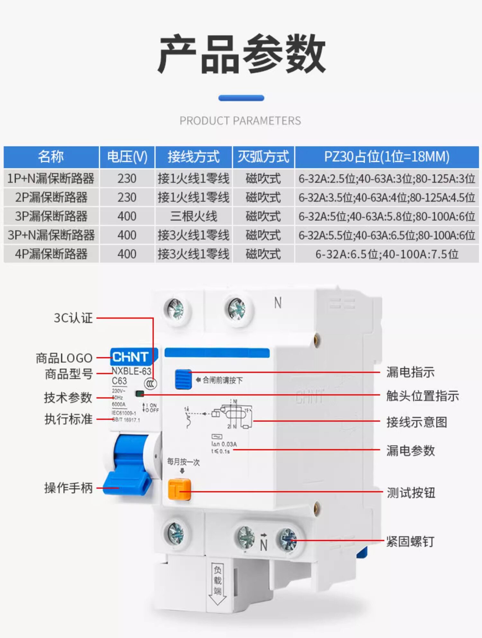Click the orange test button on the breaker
(179, 490)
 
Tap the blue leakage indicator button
(183, 379)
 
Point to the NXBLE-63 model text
(131, 371)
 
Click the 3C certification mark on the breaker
(150, 384)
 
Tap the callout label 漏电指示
(410, 372)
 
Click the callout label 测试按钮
(411, 492)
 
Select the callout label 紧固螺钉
(410, 542)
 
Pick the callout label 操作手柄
(68, 488)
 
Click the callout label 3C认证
(73, 318)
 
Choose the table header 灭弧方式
(263, 157)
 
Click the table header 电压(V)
(127, 157)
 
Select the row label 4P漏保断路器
(51, 254)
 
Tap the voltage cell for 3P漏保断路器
(127, 216)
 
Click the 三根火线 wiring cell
(193, 216)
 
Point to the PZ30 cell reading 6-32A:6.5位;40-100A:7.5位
(387, 254)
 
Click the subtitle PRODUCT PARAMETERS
(240, 121)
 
